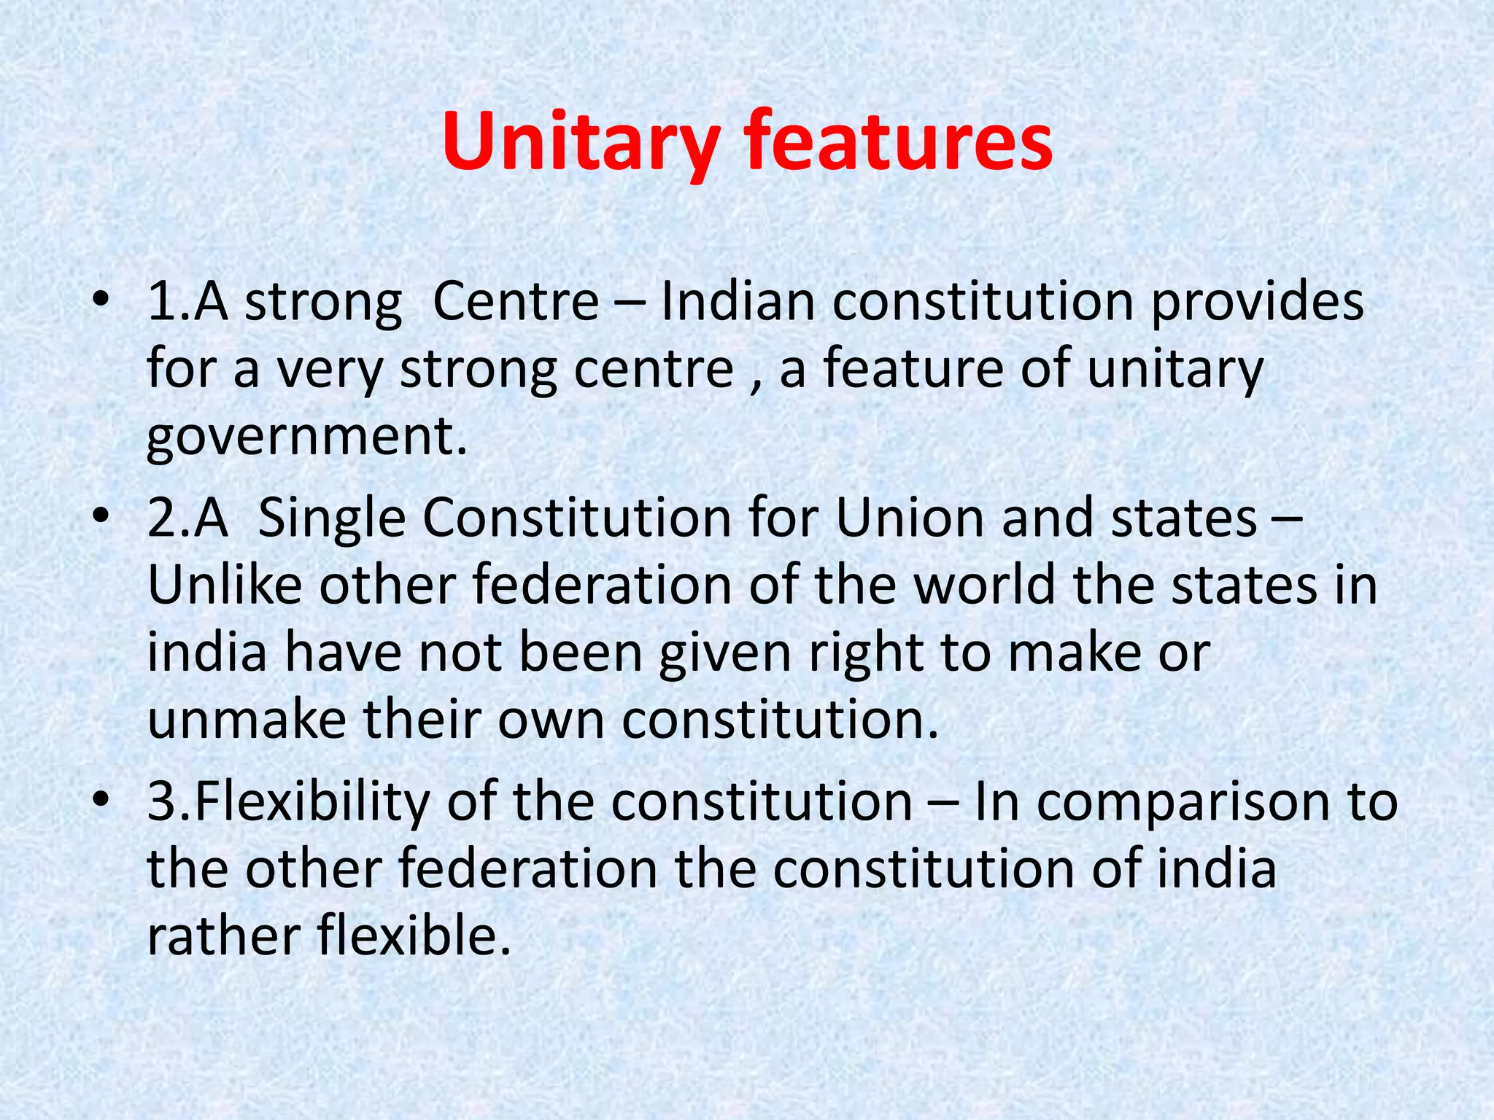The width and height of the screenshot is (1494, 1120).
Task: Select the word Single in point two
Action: [332, 519]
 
